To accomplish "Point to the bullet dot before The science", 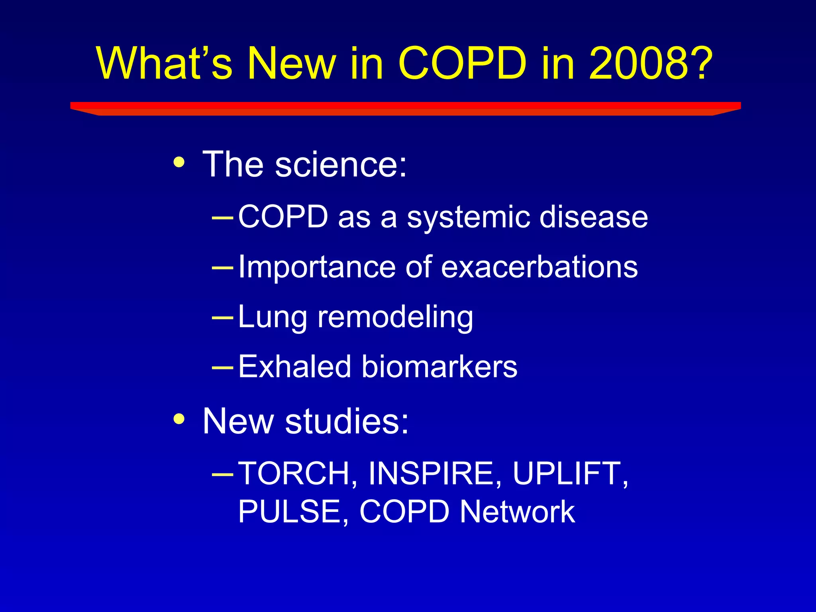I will [179, 162].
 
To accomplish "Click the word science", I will [341, 164].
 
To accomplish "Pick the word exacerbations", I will [539, 267].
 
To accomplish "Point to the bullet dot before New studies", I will [179, 419].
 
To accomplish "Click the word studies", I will [347, 421].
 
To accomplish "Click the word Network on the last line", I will [518, 512].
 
